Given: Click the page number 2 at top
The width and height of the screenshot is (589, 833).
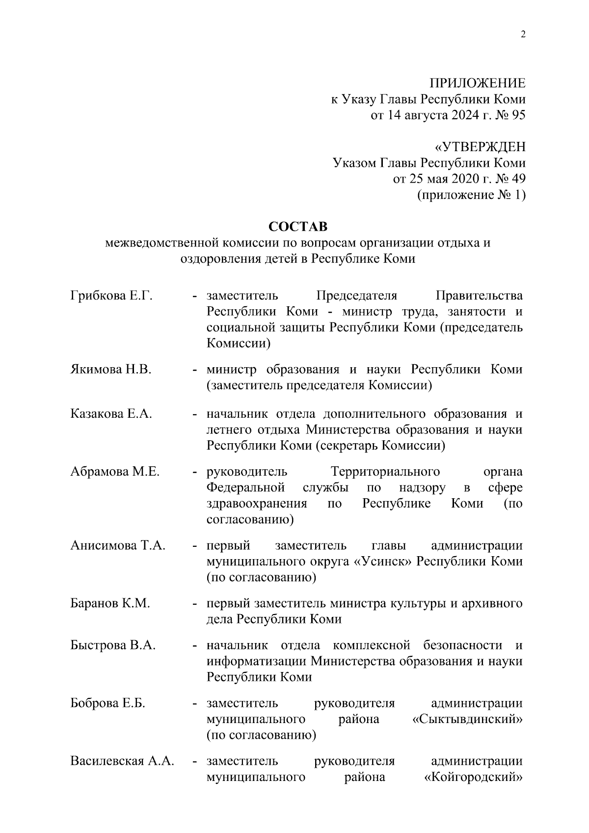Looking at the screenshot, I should [523, 34].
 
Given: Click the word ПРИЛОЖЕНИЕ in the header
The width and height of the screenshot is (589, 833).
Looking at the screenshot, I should [477, 83].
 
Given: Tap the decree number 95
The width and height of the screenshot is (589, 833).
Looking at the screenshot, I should [518, 115].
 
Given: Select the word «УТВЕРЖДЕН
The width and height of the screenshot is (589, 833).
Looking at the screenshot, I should [480, 147].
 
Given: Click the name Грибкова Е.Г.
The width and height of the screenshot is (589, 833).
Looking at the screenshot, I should [111, 296].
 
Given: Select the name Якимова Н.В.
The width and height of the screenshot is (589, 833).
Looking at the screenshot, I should [110, 369].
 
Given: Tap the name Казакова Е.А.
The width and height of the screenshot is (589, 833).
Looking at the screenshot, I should [111, 414].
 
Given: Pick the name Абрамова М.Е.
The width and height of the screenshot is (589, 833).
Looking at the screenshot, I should [115, 472].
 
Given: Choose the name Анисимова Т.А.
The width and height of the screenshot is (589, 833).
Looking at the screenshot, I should [118, 545].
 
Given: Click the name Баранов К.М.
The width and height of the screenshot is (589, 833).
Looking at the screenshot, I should [110, 603].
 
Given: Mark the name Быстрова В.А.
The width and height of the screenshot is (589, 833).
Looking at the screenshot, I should [113, 645].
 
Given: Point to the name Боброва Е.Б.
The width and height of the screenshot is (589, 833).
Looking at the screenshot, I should [107, 703].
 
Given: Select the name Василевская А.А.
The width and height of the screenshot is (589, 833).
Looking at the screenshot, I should [122, 761].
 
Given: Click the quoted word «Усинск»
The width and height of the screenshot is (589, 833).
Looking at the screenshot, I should [382, 561].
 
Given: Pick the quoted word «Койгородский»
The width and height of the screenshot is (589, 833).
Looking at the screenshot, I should [473, 777].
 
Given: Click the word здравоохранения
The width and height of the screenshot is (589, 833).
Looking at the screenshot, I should [257, 503].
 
